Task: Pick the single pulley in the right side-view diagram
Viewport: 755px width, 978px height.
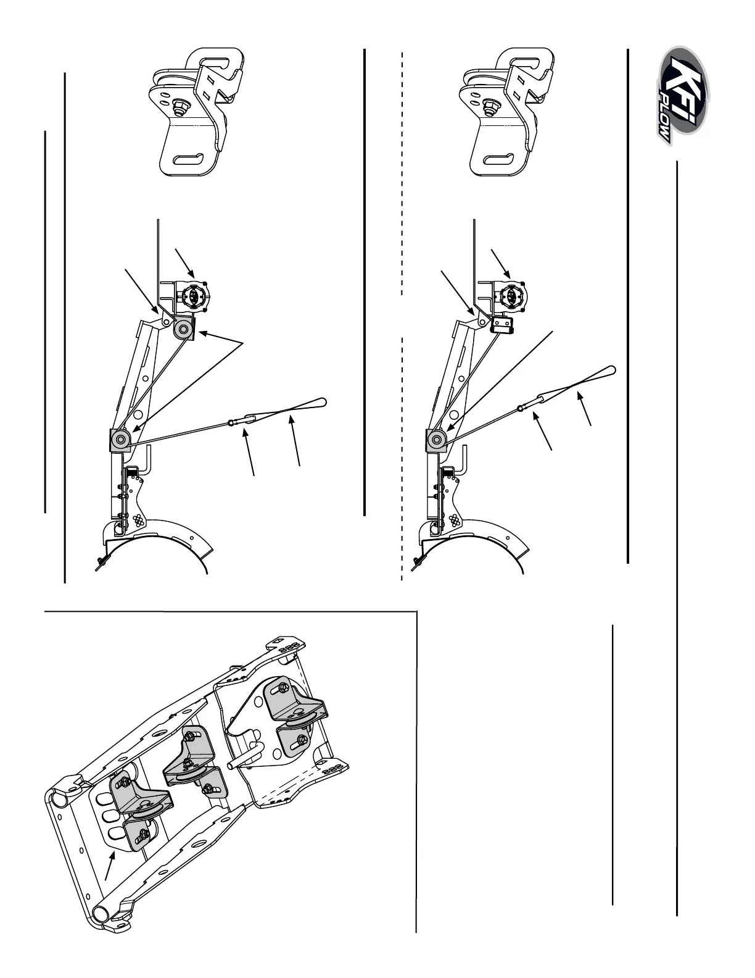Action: tap(437, 440)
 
